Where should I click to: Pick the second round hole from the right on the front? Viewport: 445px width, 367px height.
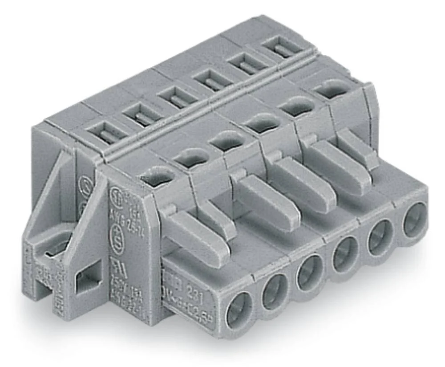380,237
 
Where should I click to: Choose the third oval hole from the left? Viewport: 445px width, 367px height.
227,143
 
